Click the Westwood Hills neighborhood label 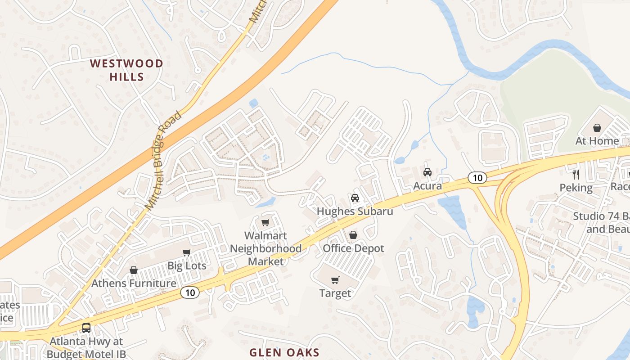pyautogui.click(x=126, y=70)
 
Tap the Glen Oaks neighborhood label pyautogui.click(x=284, y=352)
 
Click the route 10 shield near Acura pyautogui.click(x=477, y=178)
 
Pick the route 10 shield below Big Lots pyautogui.click(x=190, y=292)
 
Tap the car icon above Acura pyautogui.click(x=427, y=172)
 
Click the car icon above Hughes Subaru pyautogui.click(x=355, y=198)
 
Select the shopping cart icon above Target pyautogui.click(x=335, y=280)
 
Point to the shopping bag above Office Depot pyautogui.click(x=353, y=235)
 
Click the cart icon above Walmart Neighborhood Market pyautogui.click(x=265, y=222)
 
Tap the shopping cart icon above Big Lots pyautogui.click(x=186, y=252)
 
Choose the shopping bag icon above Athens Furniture pyautogui.click(x=133, y=270)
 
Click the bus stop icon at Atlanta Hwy pyautogui.click(x=86, y=328)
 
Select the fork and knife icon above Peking pyautogui.click(x=576, y=174)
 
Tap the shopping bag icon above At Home pyautogui.click(x=597, y=128)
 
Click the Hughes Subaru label pyautogui.click(x=355, y=211)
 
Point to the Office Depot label pyautogui.click(x=354, y=248)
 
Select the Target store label pyautogui.click(x=335, y=293)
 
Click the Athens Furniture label pyautogui.click(x=134, y=283)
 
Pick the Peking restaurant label pyautogui.click(x=576, y=187)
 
